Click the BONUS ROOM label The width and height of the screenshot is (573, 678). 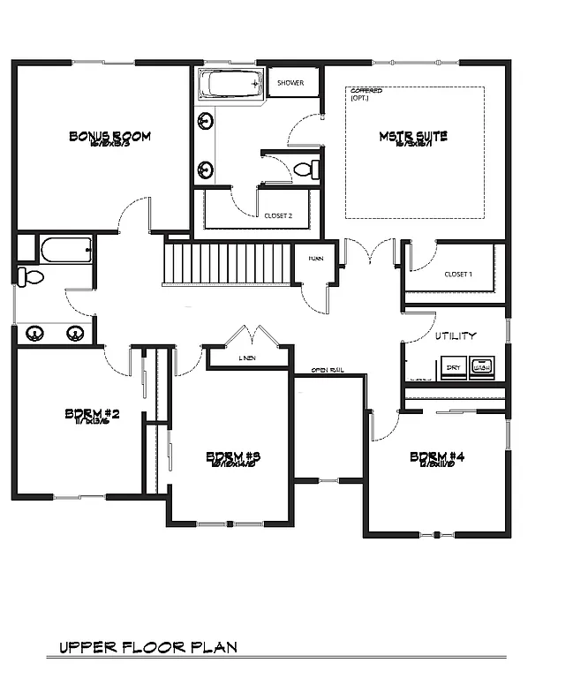(x=109, y=136)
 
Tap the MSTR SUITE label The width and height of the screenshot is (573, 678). (x=413, y=136)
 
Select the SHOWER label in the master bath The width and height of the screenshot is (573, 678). (x=290, y=83)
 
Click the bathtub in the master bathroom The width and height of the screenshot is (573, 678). (x=230, y=85)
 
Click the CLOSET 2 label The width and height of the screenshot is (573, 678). (x=278, y=215)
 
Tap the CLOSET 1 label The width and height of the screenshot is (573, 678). (x=457, y=275)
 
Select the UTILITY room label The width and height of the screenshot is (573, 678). (x=456, y=335)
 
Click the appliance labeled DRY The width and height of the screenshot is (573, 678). (x=453, y=365)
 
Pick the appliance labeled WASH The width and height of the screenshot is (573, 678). (x=482, y=365)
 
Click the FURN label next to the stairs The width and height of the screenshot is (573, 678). (x=314, y=259)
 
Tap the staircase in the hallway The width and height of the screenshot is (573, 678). (x=228, y=263)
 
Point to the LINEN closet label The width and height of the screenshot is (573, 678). (x=248, y=359)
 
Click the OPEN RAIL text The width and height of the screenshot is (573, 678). (x=327, y=370)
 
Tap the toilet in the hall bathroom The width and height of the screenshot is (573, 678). (x=33, y=277)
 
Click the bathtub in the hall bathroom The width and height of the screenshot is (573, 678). (x=65, y=250)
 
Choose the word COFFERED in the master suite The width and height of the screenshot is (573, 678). (x=366, y=91)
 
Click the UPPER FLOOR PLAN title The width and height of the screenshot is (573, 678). (x=148, y=647)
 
